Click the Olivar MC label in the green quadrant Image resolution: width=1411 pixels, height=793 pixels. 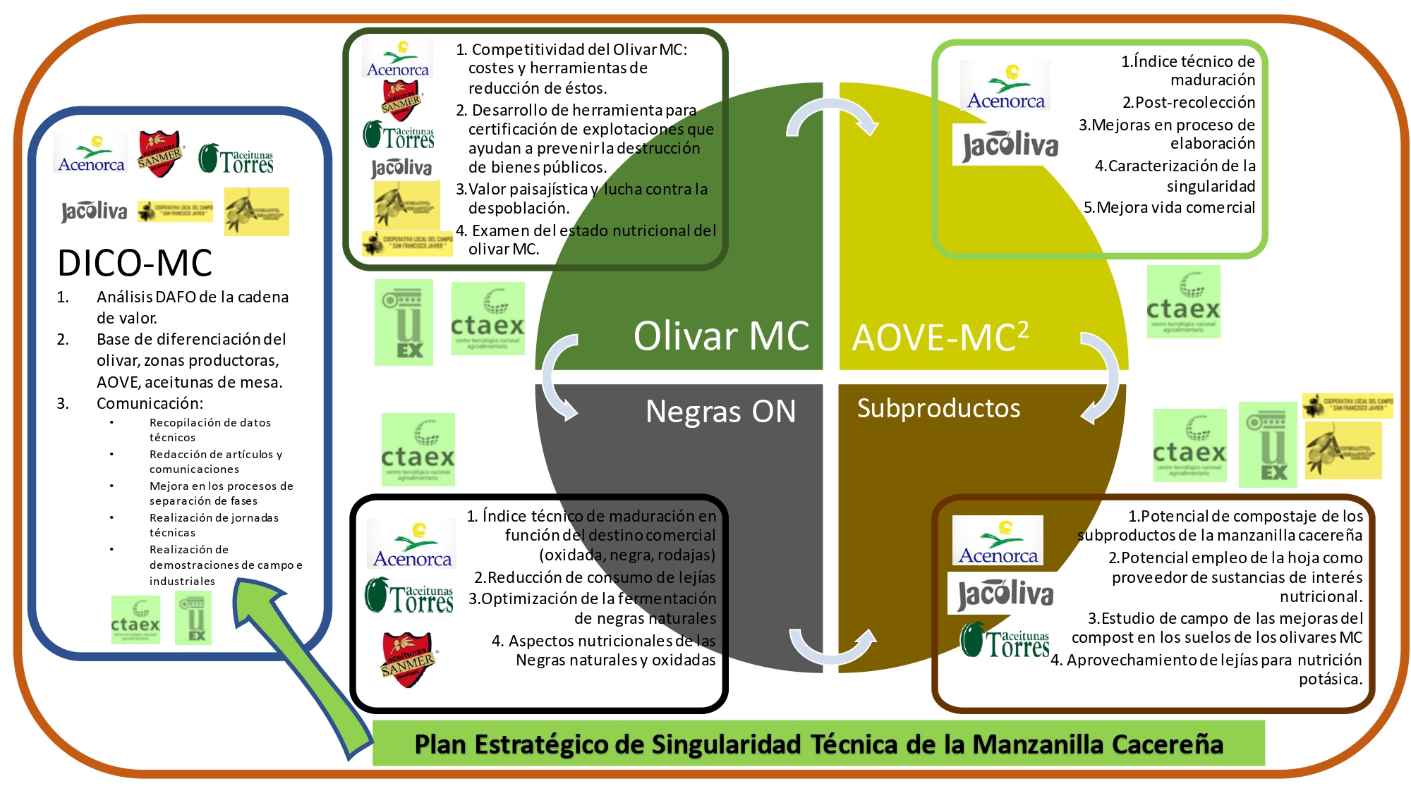tap(720, 336)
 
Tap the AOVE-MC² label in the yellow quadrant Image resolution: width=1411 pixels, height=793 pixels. tap(940, 337)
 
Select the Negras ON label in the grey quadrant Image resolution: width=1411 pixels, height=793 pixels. tap(720, 411)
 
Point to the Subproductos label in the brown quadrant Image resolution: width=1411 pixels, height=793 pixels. tap(938, 408)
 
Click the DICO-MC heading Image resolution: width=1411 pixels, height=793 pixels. tap(135, 263)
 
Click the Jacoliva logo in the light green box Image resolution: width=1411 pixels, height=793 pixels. tap(1010, 145)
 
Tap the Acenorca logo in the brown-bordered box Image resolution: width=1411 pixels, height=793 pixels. tap(998, 541)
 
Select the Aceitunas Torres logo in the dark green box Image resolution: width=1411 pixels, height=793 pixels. tap(399, 135)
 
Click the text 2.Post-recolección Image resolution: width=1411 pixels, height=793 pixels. tap(1189, 102)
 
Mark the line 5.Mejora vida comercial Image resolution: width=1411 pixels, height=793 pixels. tap(1169, 207)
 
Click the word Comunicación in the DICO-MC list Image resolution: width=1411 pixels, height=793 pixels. tap(150, 403)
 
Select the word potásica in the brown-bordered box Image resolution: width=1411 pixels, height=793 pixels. tap(1331, 679)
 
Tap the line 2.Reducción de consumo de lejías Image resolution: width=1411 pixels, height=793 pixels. tap(595, 577)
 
